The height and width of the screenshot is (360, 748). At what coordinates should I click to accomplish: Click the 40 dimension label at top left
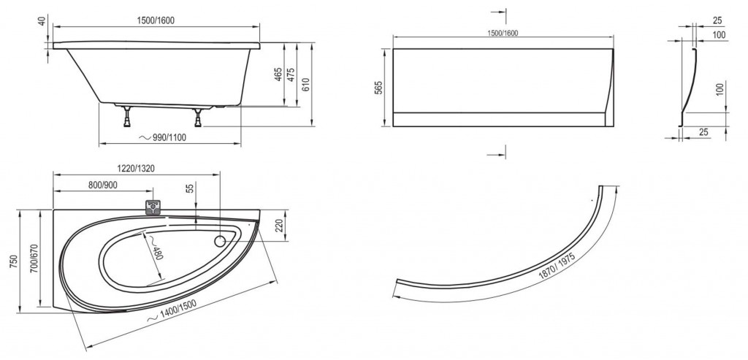(42, 22)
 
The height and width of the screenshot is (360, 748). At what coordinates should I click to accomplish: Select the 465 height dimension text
(278, 74)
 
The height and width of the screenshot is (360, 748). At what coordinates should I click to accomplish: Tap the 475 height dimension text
(291, 75)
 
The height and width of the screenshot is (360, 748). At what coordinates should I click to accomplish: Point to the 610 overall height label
(306, 85)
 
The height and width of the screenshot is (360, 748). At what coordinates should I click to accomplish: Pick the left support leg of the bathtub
(127, 117)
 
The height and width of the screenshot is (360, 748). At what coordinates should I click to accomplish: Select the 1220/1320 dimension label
(136, 169)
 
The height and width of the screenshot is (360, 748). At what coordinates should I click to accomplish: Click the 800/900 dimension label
(102, 185)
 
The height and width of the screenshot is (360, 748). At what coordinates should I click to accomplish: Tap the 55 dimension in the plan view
(191, 188)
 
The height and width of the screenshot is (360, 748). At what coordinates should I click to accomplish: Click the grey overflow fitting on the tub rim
(153, 207)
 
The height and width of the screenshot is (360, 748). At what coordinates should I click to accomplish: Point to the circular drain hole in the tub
(220, 241)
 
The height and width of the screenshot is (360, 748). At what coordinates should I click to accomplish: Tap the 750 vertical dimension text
(13, 261)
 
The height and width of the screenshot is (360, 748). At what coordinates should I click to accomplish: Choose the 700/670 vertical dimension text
(34, 261)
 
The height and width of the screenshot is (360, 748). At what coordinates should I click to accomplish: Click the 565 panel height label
(378, 88)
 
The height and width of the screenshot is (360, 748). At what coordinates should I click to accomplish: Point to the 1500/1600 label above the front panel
(503, 33)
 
